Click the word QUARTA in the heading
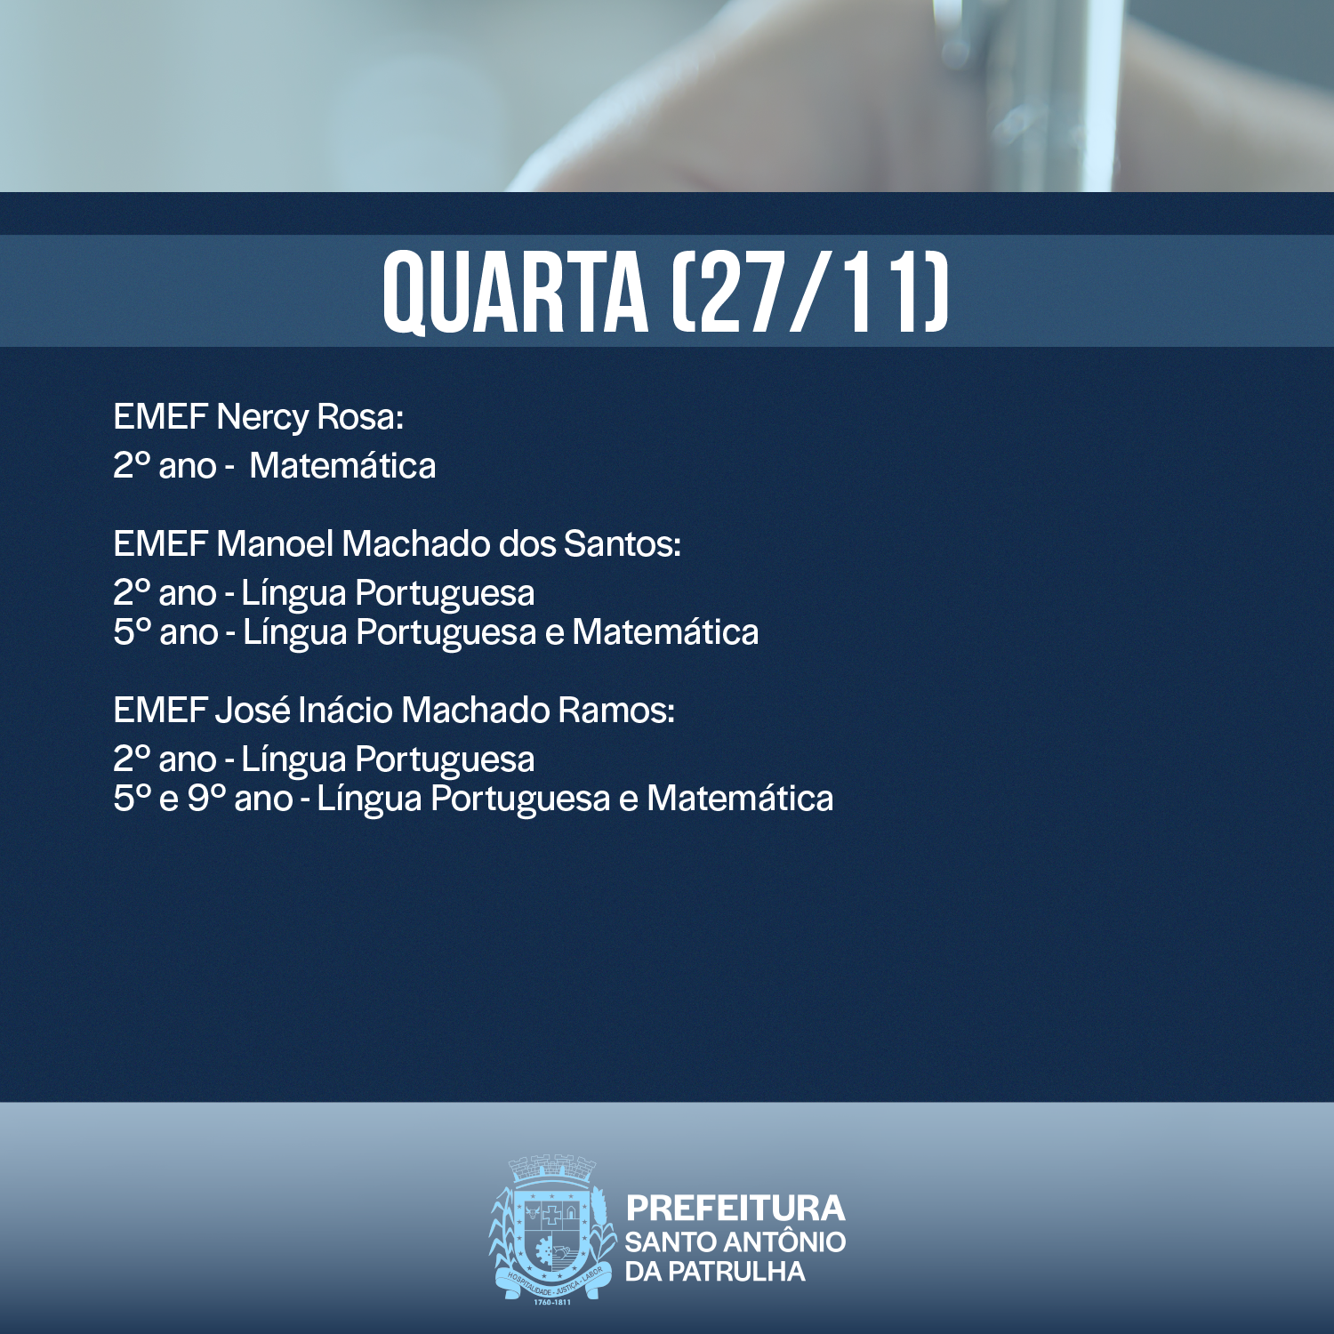[516, 293]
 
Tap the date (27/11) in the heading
[810, 293]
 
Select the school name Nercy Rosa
[310, 417]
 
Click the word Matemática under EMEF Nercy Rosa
[342, 466]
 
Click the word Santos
[623, 543]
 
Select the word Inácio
[346, 710]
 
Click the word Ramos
[616, 710]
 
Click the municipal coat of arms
[552, 1229]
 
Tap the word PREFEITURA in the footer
[735, 1208]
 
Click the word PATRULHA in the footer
[736, 1272]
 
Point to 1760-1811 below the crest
[552, 1301]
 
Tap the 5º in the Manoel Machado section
[133, 631]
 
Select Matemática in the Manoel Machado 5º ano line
[665, 631]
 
